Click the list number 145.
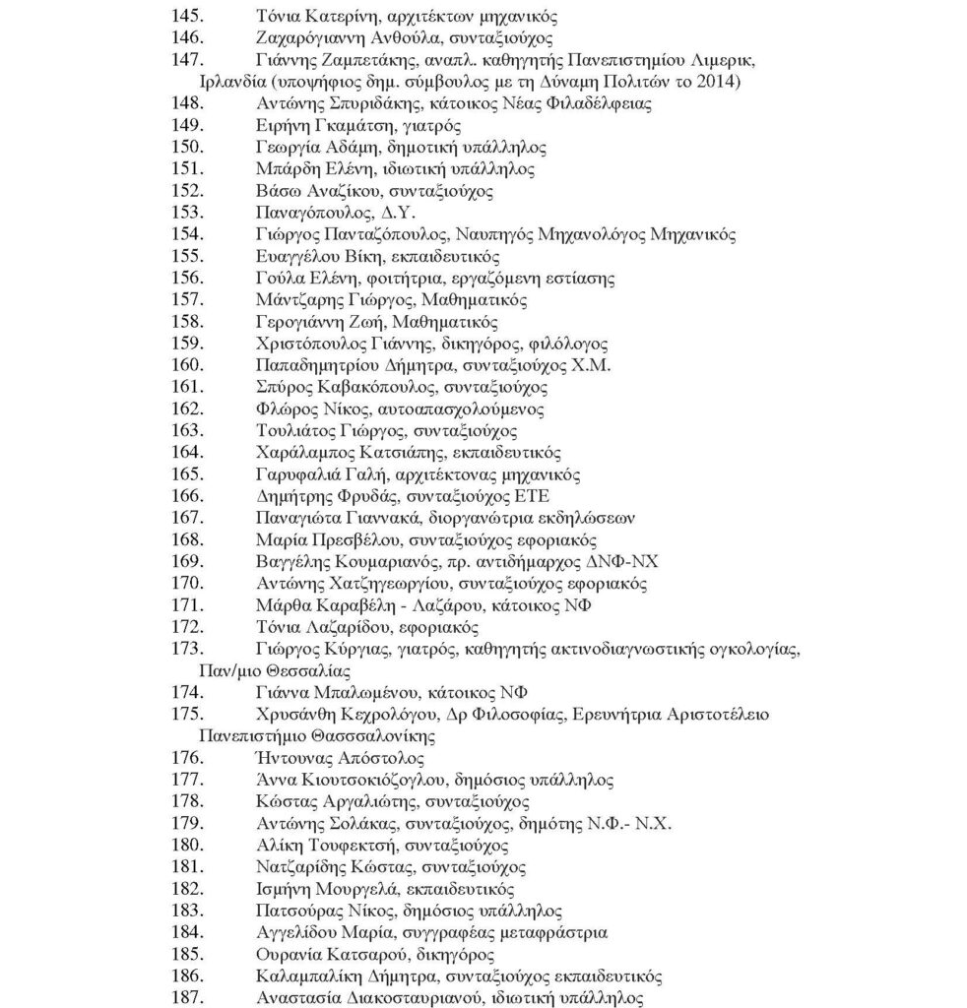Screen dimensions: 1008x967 pyautogui.click(x=187, y=17)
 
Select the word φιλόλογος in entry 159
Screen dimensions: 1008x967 pyautogui.click(x=572, y=344)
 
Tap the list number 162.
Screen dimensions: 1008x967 pyautogui.click(x=187, y=408)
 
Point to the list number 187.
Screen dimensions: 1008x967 pyautogui.click(x=187, y=997)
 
